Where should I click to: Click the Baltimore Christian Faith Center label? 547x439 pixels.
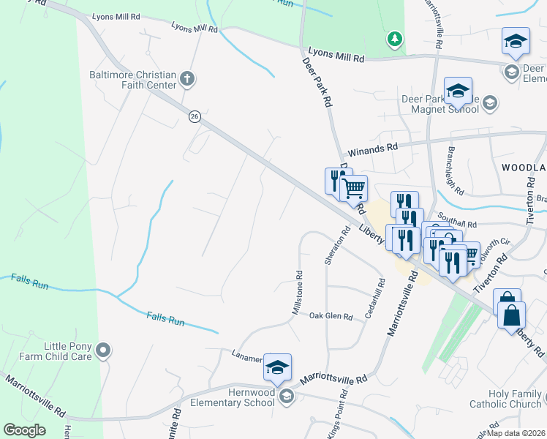(x=132, y=80)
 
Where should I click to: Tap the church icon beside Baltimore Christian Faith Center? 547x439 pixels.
(x=186, y=78)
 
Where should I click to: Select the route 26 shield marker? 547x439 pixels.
(x=194, y=116)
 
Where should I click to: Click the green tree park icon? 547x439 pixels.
(x=395, y=39)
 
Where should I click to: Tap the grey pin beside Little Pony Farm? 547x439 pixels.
(x=103, y=351)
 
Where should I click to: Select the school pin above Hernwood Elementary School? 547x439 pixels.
(x=277, y=368)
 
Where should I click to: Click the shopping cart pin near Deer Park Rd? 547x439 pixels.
(x=354, y=189)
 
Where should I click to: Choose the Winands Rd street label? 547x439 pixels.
(x=372, y=147)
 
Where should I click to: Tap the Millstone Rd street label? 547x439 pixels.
(x=298, y=293)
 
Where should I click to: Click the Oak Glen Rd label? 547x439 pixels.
(x=331, y=317)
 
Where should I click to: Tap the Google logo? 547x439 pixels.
(x=24, y=430)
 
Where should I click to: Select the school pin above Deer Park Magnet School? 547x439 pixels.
(x=458, y=91)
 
